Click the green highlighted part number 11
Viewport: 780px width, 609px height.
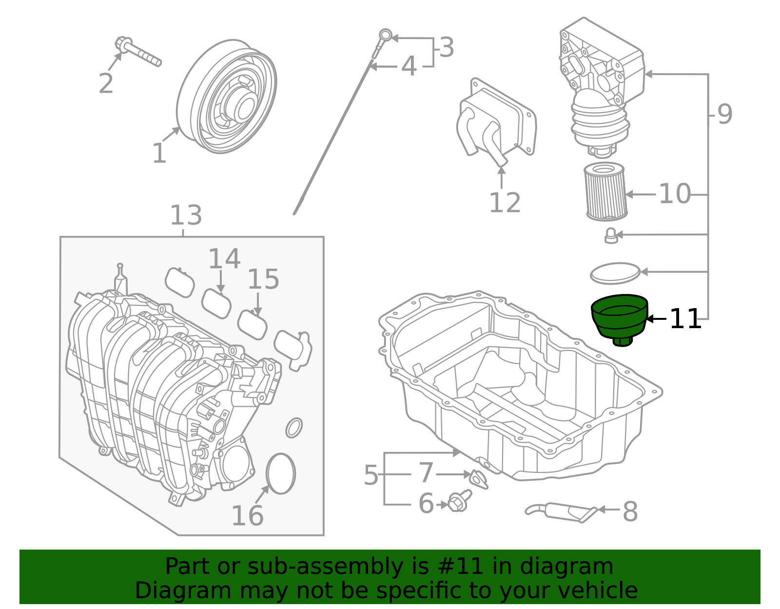[x=619, y=319]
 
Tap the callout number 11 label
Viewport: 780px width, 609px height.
[x=685, y=319]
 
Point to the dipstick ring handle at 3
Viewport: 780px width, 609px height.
[x=385, y=35]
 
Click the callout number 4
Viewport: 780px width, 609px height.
[x=409, y=66]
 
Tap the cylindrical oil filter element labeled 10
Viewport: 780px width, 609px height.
[x=605, y=192]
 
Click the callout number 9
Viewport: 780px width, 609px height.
[x=724, y=115]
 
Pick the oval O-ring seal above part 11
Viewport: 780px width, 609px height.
[x=615, y=274]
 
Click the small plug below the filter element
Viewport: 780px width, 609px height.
[x=611, y=236]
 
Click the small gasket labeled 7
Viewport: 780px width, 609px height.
[x=479, y=478]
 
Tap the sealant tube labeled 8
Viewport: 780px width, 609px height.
[x=561, y=511]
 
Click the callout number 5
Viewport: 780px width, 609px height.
[x=370, y=475]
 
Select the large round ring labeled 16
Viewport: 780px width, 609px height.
[x=281, y=474]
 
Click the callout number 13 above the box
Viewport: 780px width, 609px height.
[x=186, y=216]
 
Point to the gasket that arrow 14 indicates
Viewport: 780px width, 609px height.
[x=216, y=303]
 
